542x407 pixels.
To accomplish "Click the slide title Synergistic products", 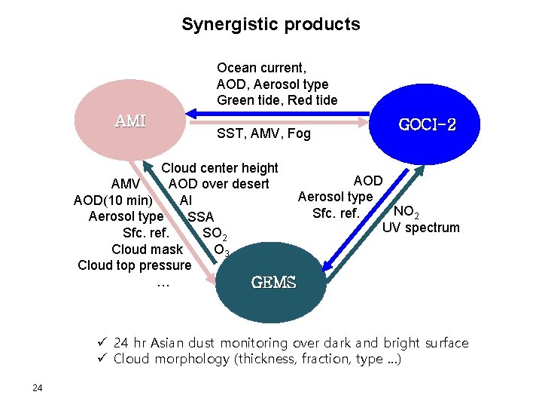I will [x=270, y=24].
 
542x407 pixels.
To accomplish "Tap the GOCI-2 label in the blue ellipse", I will [x=427, y=124].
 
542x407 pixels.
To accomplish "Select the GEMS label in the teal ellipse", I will [x=273, y=283].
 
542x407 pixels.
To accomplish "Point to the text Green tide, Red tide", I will [x=276, y=100].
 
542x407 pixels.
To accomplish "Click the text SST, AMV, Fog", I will [x=263, y=133].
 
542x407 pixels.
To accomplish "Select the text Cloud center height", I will [x=220, y=168].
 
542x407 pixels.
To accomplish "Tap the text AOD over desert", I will [x=218, y=184].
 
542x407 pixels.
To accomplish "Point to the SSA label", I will [x=200, y=217].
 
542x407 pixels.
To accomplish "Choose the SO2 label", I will [x=215, y=234].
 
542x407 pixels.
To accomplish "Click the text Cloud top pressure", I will [x=135, y=265].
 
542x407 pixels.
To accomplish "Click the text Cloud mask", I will [x=147, y=249].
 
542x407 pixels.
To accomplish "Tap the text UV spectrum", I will [x=421, y=228].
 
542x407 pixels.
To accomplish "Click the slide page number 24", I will [x=37, y=388].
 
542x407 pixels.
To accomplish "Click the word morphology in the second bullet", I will [x=191, y=360].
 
